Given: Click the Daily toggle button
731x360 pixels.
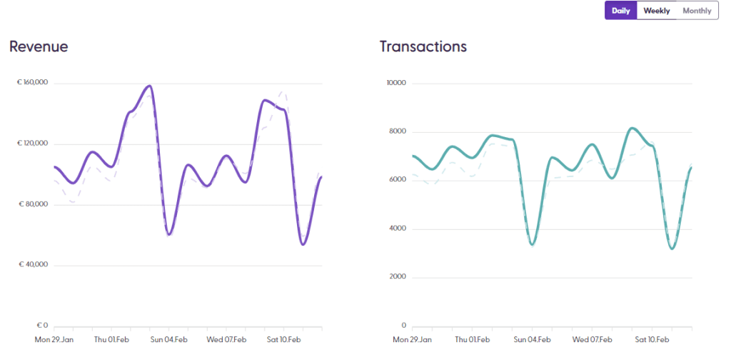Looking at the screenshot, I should coord(620,11).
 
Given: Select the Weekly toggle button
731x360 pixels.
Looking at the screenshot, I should coord(657,11).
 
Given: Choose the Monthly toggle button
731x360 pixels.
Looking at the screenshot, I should coord(697,11).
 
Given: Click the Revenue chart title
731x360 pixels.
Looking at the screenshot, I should coord(39,47).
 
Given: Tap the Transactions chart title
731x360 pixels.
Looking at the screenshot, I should coord(423,47).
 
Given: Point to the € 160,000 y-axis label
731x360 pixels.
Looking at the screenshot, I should coord(33,83).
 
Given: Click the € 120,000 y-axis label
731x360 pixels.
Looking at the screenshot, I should coord(33,144).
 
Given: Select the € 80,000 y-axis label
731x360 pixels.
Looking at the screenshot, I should coord(34,204).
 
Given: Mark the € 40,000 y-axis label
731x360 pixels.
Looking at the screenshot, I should coord(34,265).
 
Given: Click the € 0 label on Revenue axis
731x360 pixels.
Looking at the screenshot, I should coord(42,326).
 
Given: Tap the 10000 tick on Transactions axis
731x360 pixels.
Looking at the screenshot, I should coord(395,83).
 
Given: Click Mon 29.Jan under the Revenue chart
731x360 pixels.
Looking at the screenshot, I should coord(54,339).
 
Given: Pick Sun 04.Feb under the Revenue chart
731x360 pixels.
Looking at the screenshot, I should coord(168,339).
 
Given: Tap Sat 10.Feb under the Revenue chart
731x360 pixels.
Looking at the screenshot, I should coord(283,339).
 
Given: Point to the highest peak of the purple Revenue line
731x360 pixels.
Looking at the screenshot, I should coord(149,86).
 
